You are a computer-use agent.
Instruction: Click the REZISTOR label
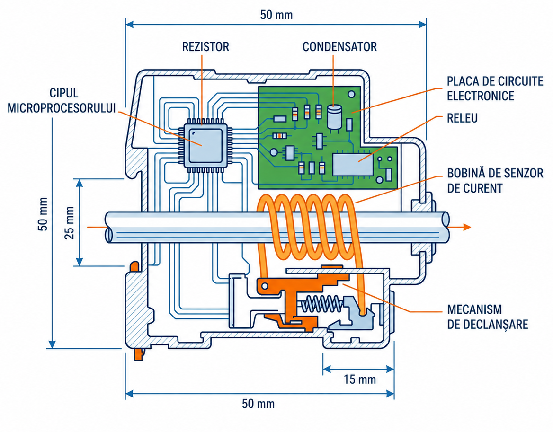click(205, 46)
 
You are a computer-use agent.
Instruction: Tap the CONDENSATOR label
click(339, 46)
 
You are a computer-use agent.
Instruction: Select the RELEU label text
click(462, 118)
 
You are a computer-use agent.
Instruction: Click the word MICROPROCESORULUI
click(62, 108)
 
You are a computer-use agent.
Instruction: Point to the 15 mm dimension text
click(360, 379)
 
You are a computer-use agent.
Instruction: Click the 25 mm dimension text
click(70, 223)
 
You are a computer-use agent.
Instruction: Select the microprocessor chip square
click(205, 145)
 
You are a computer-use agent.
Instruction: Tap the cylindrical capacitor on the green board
click(334, 117)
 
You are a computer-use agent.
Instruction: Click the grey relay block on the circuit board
click(353, 164)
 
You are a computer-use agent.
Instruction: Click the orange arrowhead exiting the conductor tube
click(467, 227)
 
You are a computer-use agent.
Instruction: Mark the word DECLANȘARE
click(488, 325)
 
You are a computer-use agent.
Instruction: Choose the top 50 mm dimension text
click(276, 15)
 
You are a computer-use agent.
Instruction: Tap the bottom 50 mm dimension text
click(258, 404)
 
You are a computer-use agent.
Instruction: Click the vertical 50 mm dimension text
click(42, 214)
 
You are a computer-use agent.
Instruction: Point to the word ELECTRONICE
click(481, 96)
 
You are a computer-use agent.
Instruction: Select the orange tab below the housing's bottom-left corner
click(139, 354)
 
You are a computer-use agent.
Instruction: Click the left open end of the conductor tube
click(108, 227)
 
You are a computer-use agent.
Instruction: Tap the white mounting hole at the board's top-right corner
click(352, 94)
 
